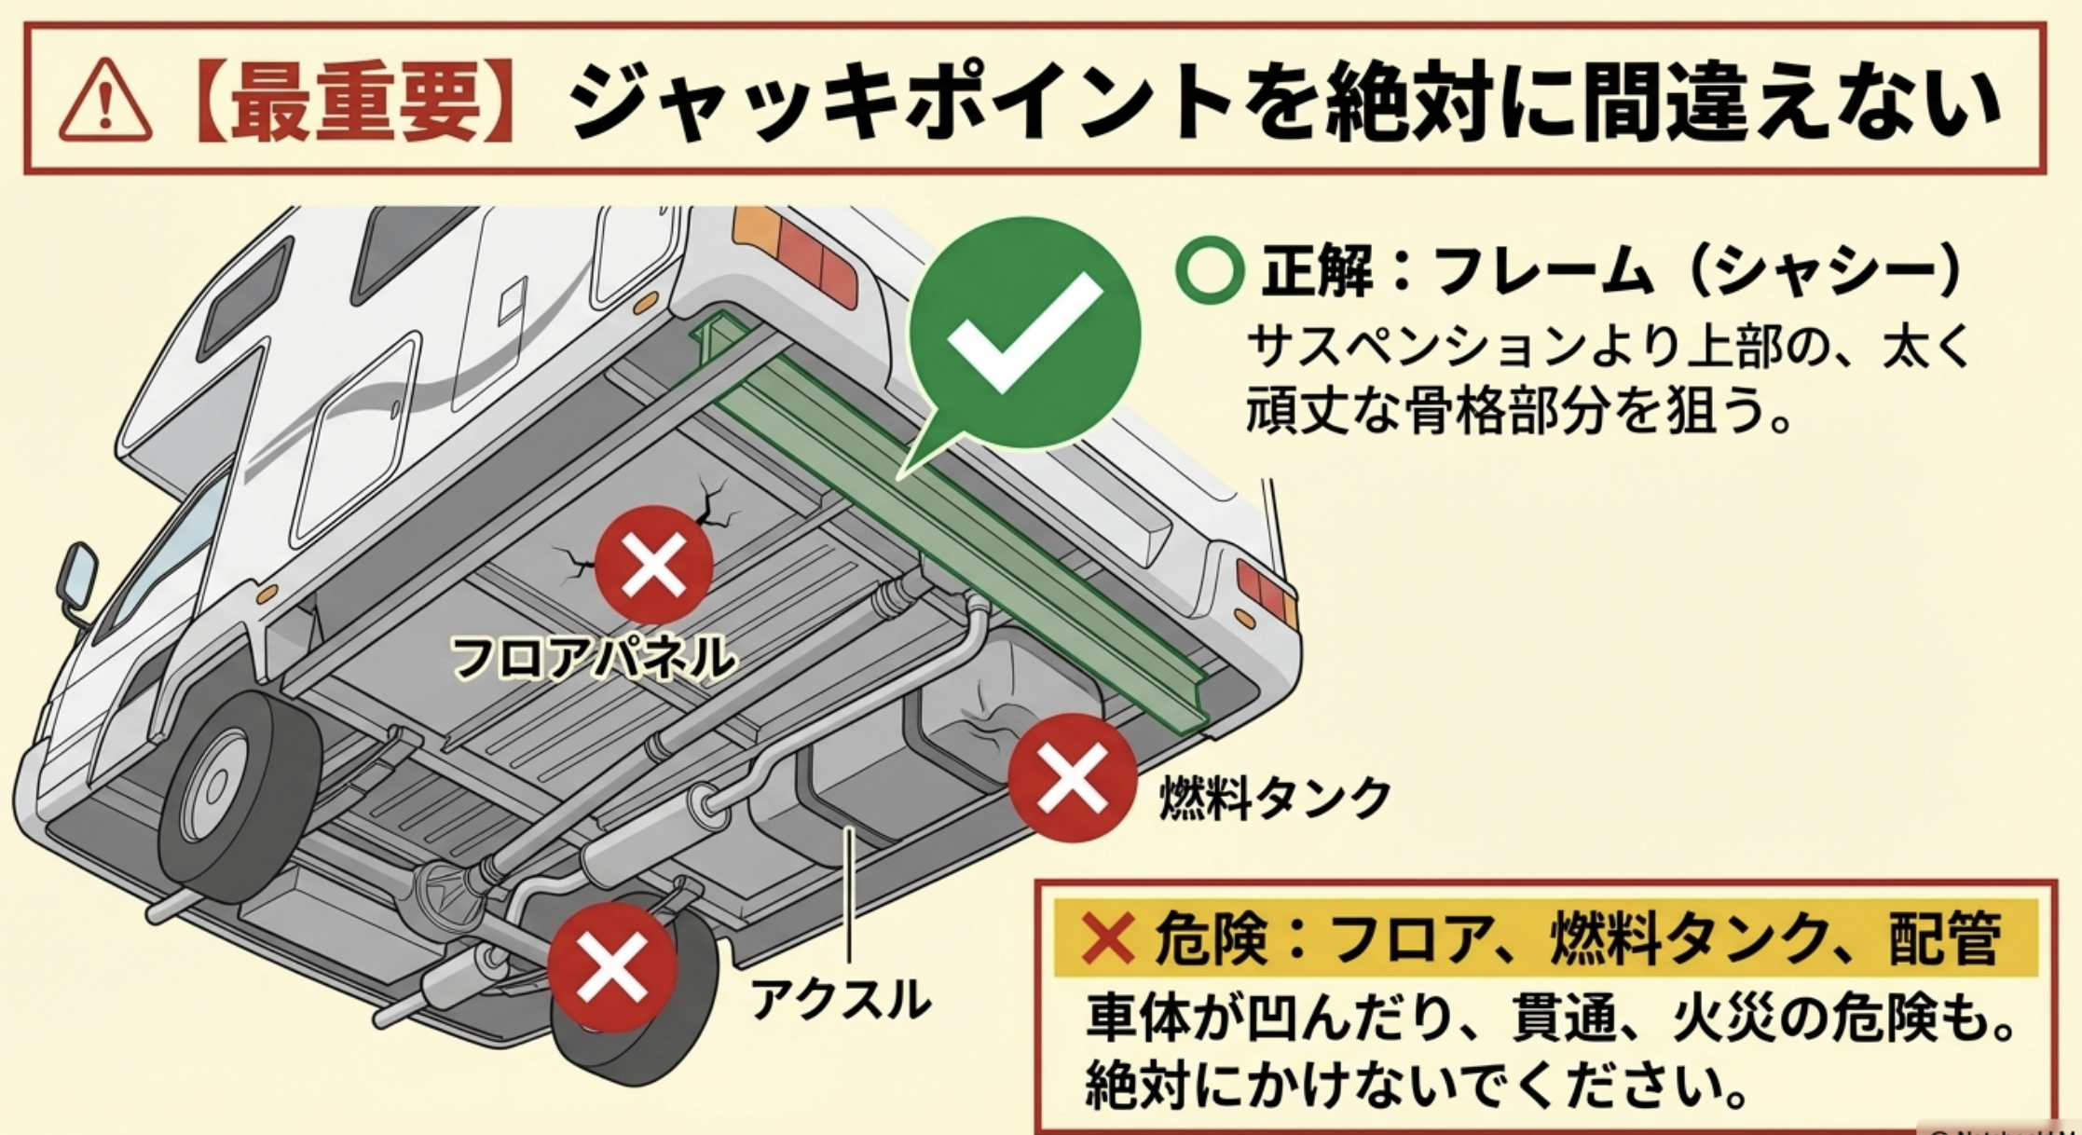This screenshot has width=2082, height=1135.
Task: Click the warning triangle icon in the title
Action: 104,103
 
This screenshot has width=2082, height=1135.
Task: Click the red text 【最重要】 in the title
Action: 355,103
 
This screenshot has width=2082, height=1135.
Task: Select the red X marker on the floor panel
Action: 653,565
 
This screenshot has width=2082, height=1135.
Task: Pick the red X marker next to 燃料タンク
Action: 1072,778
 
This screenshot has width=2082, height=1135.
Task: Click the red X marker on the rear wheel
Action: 611,967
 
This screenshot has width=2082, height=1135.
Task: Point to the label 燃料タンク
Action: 1274,799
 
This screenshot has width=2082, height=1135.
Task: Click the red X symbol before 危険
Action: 1106,937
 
